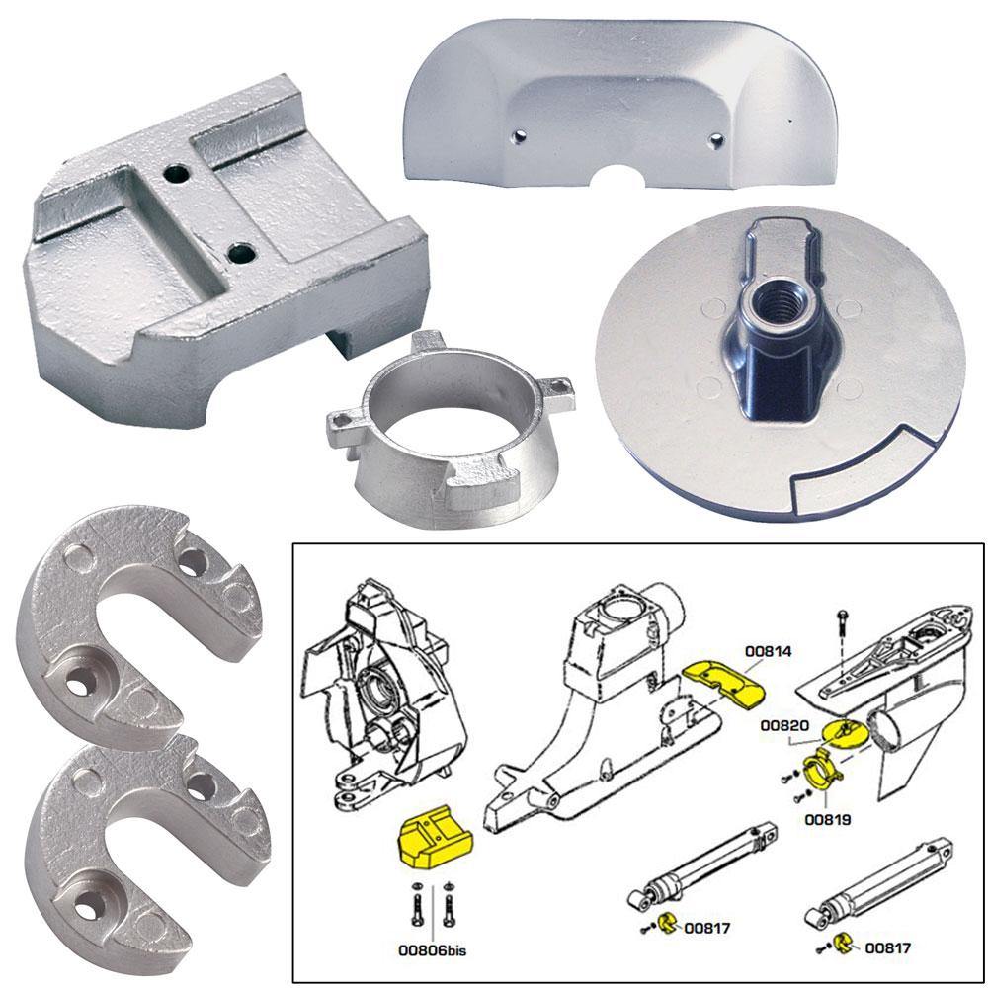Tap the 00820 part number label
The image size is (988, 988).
[781, 725]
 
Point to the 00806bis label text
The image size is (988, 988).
[432, 953]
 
